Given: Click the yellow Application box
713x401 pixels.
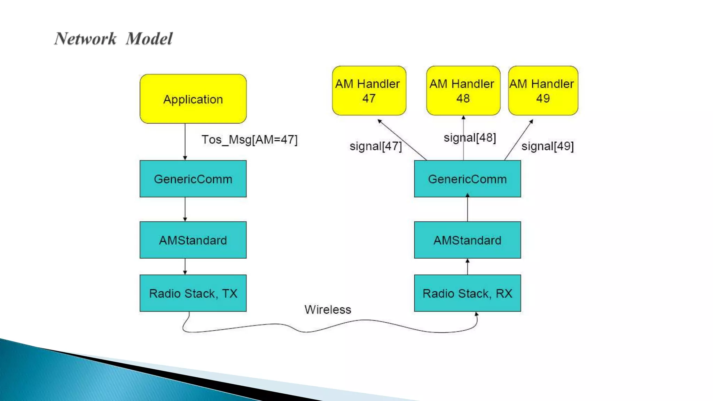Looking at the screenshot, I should (x=193, y=99).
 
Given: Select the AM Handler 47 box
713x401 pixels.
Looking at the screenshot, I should (x=369, y=91).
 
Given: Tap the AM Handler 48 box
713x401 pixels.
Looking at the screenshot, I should (x=463, y=91).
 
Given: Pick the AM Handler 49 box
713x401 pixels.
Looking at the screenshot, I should (x=543, y=91).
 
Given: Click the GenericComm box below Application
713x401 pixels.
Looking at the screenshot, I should (x=193, y=179).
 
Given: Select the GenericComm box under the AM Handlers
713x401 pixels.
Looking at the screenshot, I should (x=467, y=179).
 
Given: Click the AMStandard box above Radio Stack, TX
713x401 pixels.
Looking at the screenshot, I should (x=193, y=240).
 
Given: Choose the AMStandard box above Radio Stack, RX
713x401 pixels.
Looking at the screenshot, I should (x=467, y=240).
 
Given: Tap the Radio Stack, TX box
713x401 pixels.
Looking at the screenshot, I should (x=193, y=293).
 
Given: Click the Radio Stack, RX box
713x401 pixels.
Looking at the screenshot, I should (x=467, y=293).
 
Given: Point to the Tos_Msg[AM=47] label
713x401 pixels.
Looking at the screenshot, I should (x=249, y=140).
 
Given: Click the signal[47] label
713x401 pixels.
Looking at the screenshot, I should (x=375, y=146).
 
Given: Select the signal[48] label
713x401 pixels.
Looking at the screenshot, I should (x=470, y=138).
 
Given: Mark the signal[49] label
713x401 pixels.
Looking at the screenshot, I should (x=547, y=146).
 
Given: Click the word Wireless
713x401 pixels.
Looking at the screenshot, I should (x=328, y=309).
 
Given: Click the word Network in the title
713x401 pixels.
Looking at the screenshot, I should (x=85, y=39).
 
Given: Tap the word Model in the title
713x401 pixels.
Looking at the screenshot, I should (x=149, y=39).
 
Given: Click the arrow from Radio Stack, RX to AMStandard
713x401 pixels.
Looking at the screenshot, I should (x=467, y=267).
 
